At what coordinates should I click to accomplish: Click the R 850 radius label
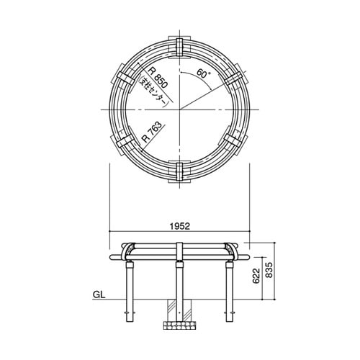pyautogui.click(x=158, y=78)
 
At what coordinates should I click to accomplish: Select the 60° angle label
pyautogui.click(x=203, y=73)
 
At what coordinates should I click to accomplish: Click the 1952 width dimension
pyautogui.click(x=179, y=226)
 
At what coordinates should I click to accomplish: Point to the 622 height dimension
pyautogui.click(x=256, y=276)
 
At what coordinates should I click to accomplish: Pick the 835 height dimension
pyautogui.click(x=269, y=270)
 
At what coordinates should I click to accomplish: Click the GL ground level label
pyautogui.click(x=99, y=294)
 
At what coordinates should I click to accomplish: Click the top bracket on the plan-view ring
pyautogui.click(x=179, y=48)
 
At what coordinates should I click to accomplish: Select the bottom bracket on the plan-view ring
pyautogui.click(x=179, y=172)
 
